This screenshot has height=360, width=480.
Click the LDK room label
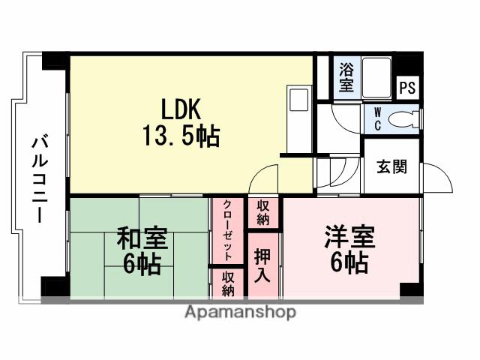coord(178,109)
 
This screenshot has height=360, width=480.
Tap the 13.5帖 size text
coord(181,137)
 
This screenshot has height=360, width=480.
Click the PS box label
coord(406,88)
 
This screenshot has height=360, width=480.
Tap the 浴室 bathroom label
coord(346,78)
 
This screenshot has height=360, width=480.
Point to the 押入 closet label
coord(263,265)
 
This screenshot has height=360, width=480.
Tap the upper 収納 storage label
coord(263,213)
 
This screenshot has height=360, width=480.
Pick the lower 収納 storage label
coord(227,283)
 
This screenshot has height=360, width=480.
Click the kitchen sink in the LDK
coord(298,100)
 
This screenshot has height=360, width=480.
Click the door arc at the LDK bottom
coord(264,180)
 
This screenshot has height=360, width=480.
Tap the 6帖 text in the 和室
coord(142,264)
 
